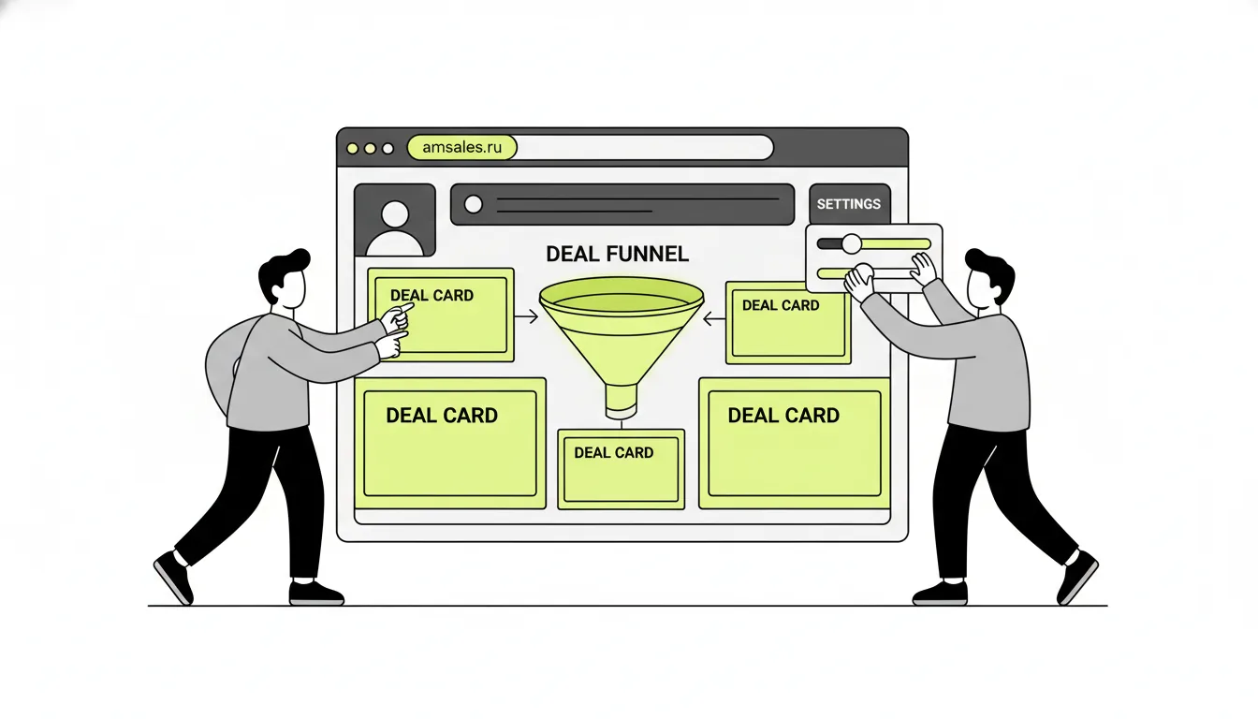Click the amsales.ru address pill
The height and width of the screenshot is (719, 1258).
(461, 147)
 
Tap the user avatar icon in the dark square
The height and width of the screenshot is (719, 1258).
(395, 228)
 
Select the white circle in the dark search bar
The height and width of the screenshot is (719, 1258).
(474, 204)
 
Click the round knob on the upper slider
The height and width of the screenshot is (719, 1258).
(852, 243)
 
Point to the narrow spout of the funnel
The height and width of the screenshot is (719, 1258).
(622, 401)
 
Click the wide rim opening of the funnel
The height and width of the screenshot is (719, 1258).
(622, 296)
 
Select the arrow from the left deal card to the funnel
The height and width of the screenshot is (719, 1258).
(526, 316)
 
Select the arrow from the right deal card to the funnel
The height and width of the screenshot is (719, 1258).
(714, 319)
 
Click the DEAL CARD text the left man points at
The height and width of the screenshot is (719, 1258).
(432, 296)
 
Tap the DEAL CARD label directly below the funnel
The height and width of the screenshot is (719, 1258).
(613, 453)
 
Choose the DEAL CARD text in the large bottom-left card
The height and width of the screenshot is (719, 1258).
(442, 416)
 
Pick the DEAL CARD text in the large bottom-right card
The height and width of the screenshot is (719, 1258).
(783, 416)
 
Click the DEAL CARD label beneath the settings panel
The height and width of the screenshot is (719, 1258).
(781, 305)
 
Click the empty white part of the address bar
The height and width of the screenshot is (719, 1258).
(645, 147)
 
